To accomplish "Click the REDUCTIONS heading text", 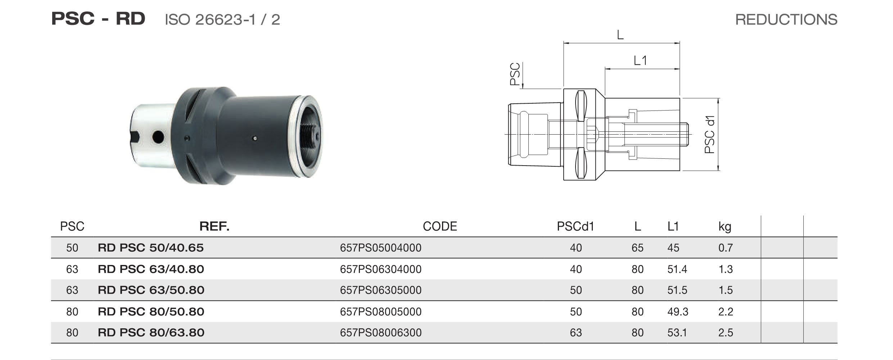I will (x=786, y=19).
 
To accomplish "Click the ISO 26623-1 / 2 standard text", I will (x=222, y=19).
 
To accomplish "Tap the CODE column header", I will (x=439, y=226).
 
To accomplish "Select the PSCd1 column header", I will (x=575, y=226).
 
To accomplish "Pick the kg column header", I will (x=725, y=227).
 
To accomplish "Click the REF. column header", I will (x=214, y=226).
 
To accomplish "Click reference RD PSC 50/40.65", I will (x=150, y=248).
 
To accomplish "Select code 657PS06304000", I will (x=380, y=269).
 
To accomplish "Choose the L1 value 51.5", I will (x=677, y=290).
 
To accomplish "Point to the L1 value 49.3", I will (x=677, y=312).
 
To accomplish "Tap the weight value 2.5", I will (x=725, y=333).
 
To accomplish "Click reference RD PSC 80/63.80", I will (x=151, y=333).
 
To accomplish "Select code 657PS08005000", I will (x=380, y=312).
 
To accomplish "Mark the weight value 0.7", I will (x=725, y=248).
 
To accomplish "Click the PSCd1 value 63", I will (x=576, y=333).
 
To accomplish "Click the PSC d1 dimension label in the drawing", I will (x=709, y=135).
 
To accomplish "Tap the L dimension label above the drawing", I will (x=620, y=35).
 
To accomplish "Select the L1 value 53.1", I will (x=677, y=333).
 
